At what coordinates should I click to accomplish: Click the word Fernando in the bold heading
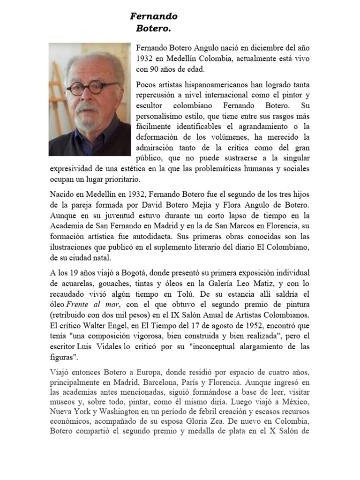(x=154, y=16)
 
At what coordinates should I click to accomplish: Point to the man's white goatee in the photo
(x=87, y=120)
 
